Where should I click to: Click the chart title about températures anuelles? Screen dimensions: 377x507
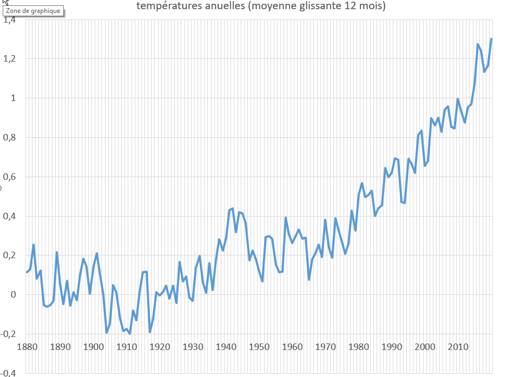261,6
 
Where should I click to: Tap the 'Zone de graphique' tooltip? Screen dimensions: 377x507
34,11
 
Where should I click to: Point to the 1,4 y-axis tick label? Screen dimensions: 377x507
10,20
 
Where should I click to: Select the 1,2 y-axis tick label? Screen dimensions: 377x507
10,59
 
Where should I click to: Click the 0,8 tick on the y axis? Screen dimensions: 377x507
10,138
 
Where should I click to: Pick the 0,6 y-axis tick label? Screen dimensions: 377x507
10,177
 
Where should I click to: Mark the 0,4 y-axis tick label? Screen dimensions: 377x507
10,217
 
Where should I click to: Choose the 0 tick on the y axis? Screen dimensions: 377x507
14,295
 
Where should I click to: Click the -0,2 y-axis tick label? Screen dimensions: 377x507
9,334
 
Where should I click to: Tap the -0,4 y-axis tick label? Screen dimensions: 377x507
9,373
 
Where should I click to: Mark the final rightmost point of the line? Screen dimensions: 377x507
491,39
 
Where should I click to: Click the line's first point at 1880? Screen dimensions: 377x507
27,272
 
